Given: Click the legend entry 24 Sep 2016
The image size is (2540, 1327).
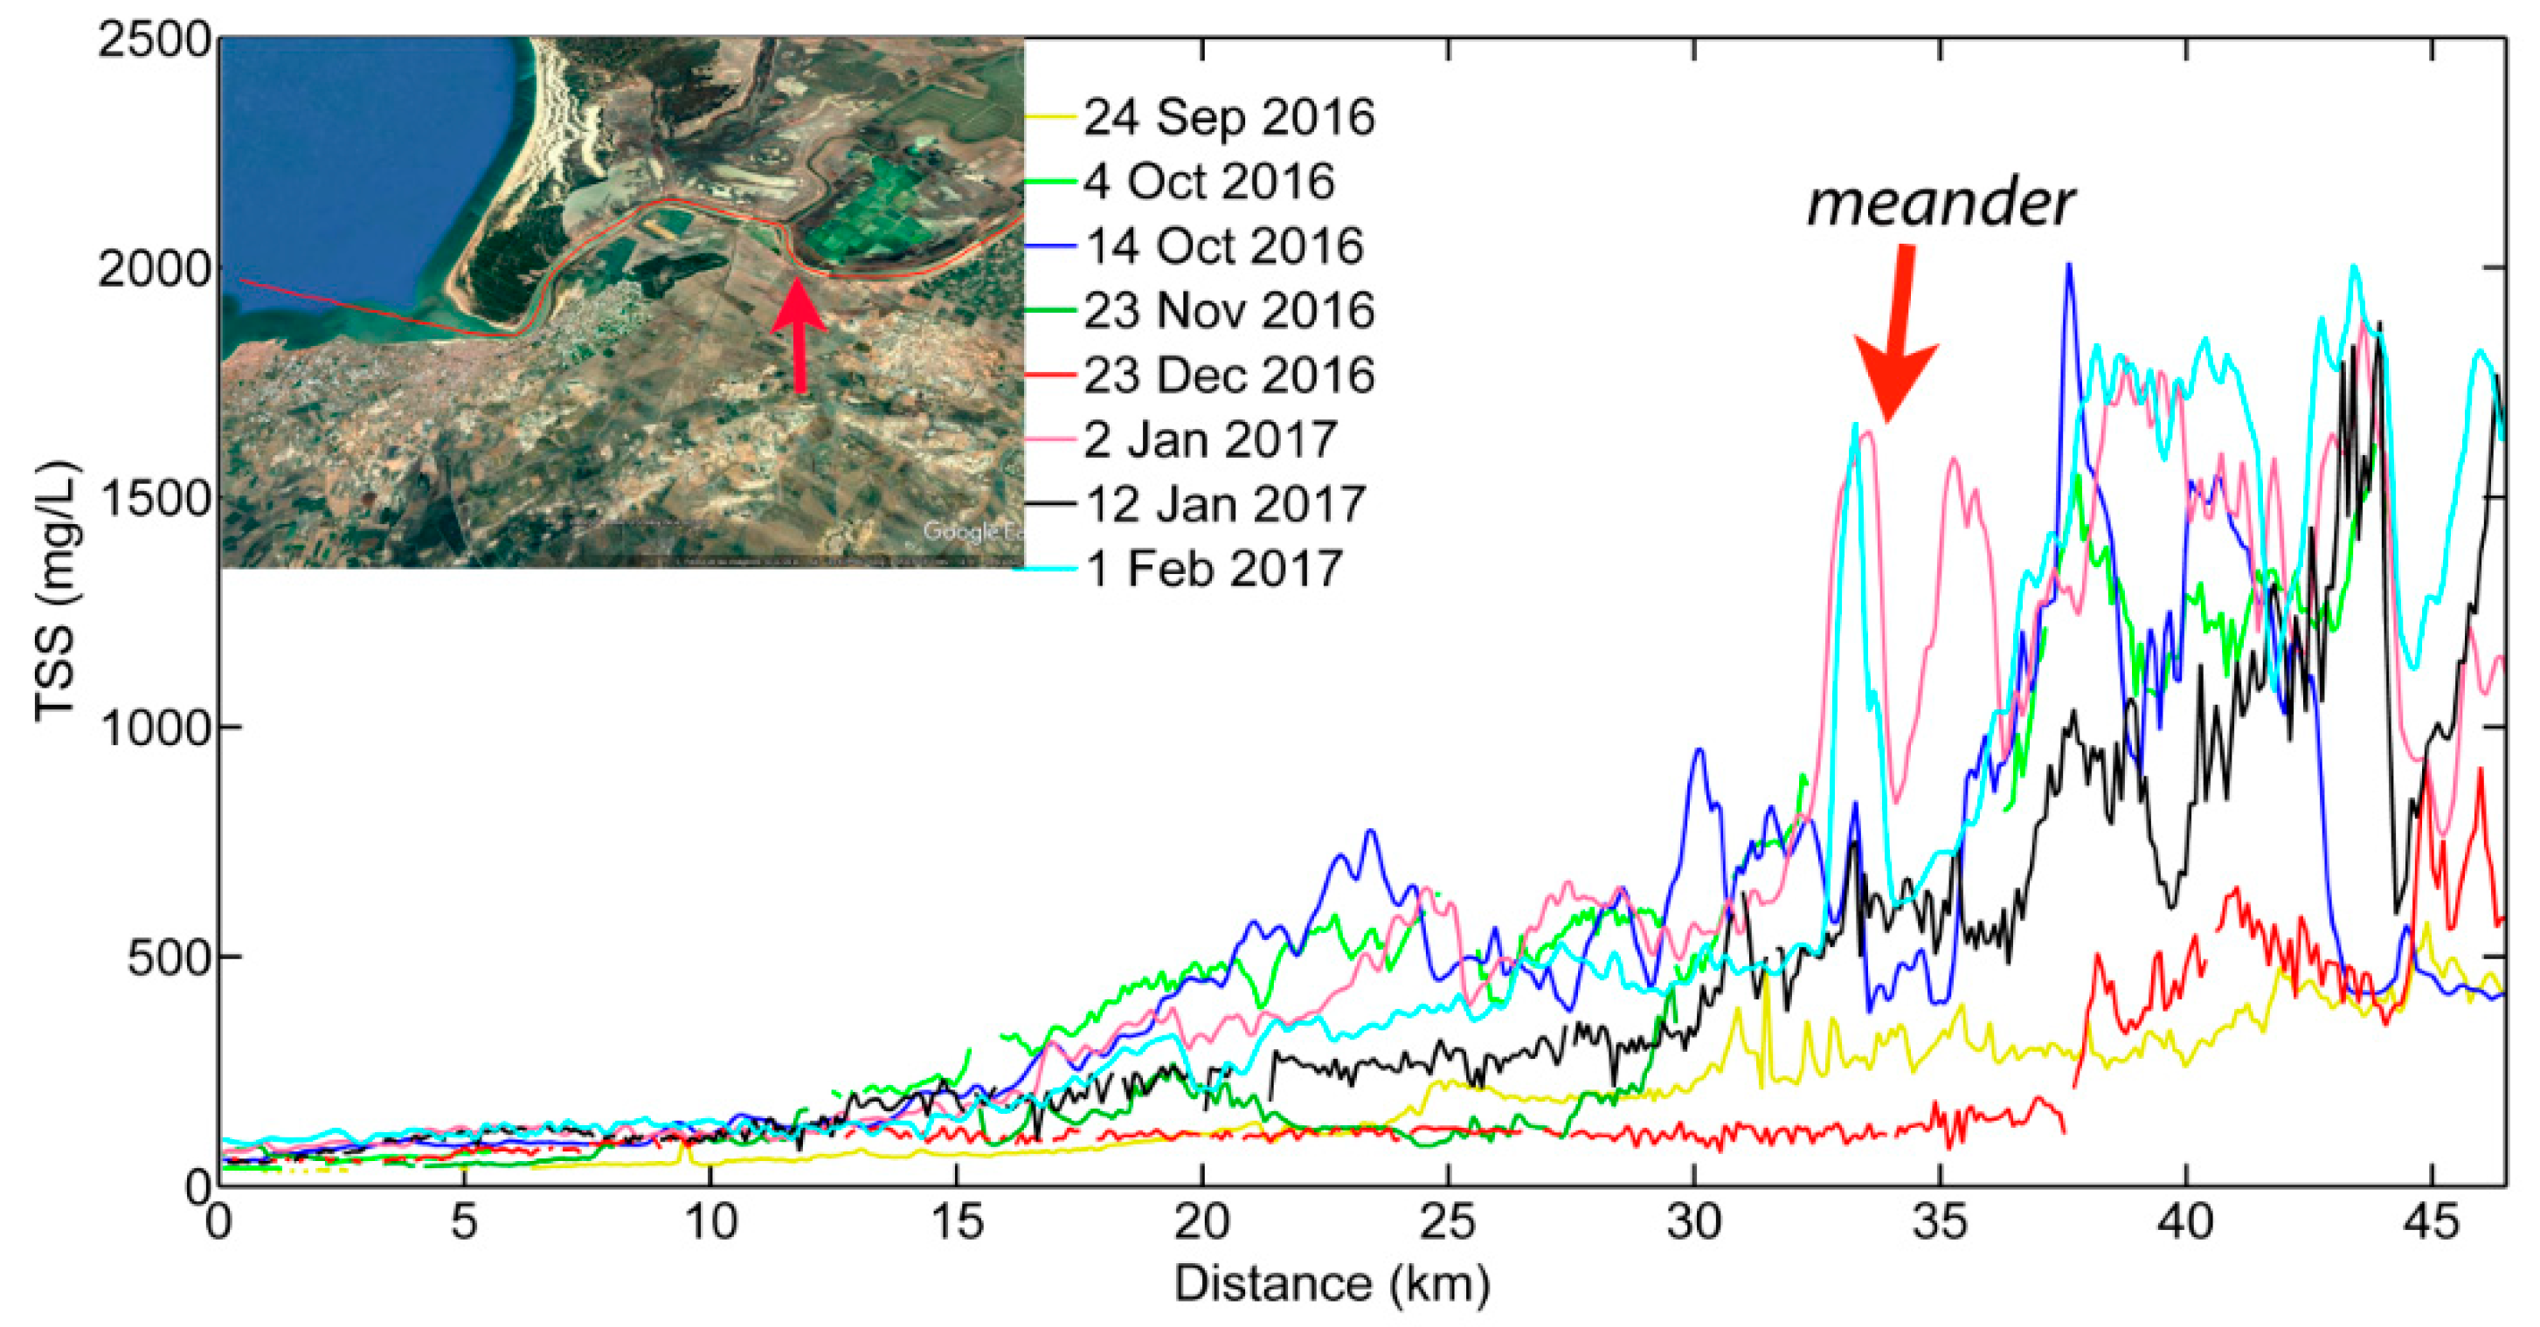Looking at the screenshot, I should coord(1228,118).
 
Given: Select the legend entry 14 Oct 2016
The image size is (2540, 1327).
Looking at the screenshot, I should coord(1222,246).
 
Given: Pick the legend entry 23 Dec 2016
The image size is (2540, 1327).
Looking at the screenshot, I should coord(1228,376).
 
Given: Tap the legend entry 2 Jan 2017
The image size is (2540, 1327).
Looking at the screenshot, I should coord(1209,439).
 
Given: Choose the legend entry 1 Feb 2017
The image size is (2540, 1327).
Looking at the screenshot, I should coord(1213,569).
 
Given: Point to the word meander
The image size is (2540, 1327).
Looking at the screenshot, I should coord(1940,203).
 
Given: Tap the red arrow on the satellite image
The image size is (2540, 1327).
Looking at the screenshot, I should coord(799,335).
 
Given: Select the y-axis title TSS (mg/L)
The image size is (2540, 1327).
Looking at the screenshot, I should coord(55,591).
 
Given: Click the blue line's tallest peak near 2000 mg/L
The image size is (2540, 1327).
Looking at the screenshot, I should coord(2069,266).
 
